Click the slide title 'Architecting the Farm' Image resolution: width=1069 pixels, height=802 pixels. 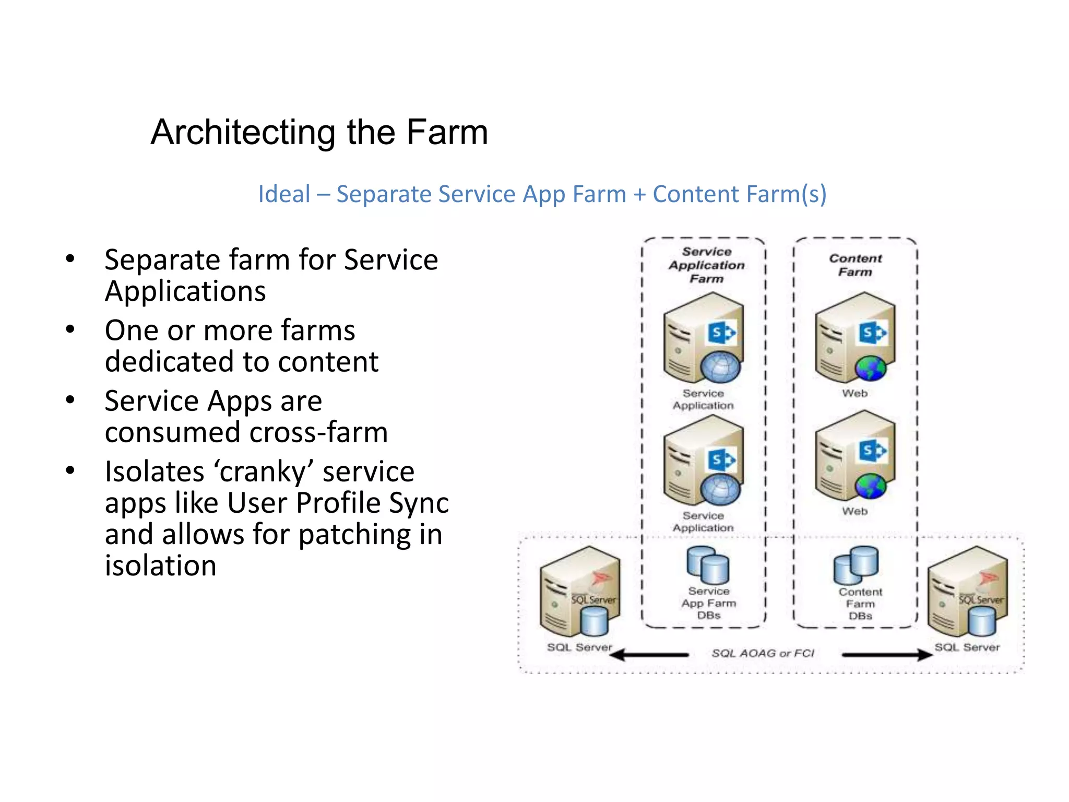click(319, 132)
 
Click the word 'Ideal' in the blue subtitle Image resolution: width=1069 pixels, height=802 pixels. click(284, 194)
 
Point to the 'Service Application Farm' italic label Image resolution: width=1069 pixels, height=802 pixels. click(706, 265)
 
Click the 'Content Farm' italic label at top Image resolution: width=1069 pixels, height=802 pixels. click(855, 265)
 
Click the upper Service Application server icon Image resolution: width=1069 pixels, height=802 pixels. click(703, 338)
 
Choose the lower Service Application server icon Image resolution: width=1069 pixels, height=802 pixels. click(703, 460)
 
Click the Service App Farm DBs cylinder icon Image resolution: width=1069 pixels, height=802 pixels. click(708, 565)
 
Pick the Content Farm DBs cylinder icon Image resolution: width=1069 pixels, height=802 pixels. click(856, 565)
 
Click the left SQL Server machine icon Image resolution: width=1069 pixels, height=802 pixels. click(580, 591)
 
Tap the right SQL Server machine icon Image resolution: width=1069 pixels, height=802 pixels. click(967, 591)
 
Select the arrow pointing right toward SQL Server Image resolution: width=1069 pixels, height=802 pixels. click(887, 654)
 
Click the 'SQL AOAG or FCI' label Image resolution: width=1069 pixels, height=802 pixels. click(763, 654)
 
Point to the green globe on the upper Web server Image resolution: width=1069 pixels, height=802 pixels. click(871, 369)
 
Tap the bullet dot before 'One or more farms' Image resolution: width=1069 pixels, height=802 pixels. click(70, 329)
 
